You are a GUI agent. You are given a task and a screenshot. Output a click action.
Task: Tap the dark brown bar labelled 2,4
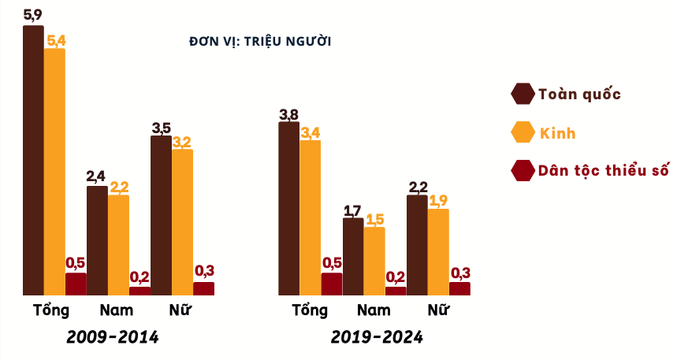click(97, 240)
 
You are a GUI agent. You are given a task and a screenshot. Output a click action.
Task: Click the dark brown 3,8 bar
click(289, 209)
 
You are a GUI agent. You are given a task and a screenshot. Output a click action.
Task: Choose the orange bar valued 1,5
click(374, 261)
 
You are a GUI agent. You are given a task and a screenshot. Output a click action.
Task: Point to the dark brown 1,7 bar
click(353, 257)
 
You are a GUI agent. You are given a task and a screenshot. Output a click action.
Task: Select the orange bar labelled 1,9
click(438, 252)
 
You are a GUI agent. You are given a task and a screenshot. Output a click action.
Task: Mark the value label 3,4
click(311, 132)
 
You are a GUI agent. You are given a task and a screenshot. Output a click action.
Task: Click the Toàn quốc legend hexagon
click(522, 94)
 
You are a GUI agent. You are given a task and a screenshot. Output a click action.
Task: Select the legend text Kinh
click(557, 133)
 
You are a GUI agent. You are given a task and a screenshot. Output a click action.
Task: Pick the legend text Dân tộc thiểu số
click(604, 170)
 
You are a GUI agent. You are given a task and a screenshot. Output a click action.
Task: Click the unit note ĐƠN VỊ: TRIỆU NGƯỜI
click(260, 41)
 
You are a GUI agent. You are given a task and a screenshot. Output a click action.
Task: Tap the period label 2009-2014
click(113, 337)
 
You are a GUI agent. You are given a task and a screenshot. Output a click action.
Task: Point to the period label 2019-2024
click(377, 337)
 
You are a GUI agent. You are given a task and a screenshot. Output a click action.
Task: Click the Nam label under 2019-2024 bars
click(374, 310)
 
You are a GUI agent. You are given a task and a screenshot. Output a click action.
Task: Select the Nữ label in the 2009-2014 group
click(180, 310)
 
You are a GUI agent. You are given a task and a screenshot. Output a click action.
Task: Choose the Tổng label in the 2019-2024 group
click(310, 310)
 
